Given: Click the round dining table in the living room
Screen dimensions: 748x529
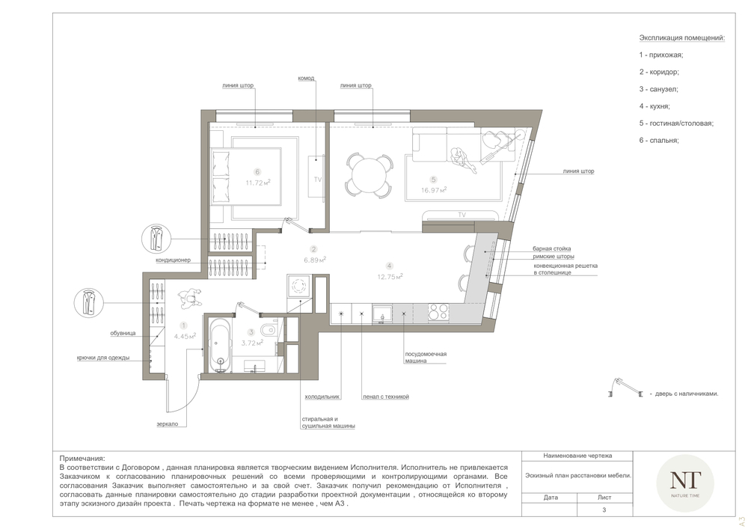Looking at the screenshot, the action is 370,174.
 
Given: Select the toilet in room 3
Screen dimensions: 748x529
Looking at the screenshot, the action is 268,329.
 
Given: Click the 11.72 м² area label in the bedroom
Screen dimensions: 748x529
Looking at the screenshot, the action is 258,183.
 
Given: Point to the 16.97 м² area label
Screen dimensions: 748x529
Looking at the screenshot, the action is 434,190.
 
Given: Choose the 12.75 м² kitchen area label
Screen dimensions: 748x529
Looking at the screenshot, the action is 390,276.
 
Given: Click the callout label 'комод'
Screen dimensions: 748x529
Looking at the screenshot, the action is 306,79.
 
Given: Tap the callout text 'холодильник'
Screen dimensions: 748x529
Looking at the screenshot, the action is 322,397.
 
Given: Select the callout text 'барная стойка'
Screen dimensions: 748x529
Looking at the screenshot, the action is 551,248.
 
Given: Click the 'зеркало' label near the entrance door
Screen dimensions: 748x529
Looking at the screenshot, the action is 167,423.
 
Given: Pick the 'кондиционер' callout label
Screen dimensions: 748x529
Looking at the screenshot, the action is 173,260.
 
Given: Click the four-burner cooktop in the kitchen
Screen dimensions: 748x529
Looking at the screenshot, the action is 438,312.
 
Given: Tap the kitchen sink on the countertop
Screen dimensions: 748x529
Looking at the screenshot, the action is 381,314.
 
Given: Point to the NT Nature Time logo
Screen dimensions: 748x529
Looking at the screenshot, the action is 685,483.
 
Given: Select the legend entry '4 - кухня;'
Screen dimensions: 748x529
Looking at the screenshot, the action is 654,106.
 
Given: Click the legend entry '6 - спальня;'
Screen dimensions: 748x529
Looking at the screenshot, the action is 659,140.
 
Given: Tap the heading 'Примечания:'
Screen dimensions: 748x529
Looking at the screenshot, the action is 82,459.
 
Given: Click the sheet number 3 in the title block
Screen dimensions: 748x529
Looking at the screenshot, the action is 604,510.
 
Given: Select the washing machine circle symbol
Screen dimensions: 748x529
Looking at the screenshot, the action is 299,287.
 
